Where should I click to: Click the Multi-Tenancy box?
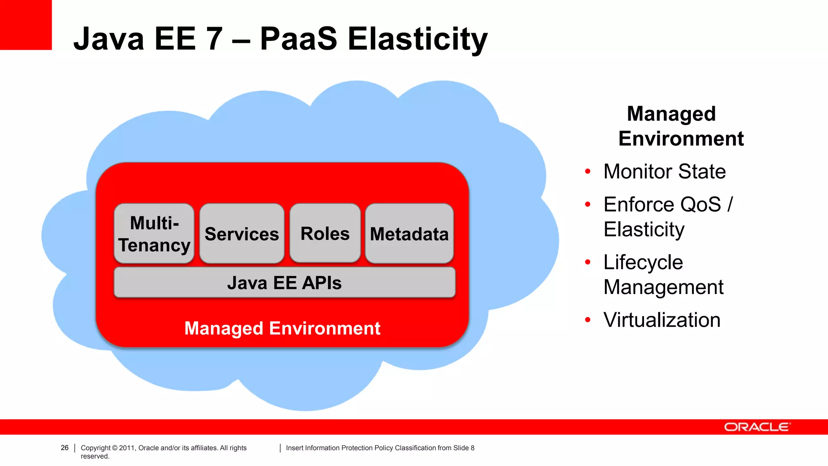154,234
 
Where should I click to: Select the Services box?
242,234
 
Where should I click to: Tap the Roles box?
325,233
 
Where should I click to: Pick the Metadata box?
409,234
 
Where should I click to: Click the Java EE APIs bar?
285,283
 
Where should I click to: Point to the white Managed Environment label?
282,328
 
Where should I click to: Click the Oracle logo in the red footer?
757,427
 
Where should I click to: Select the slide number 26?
65,448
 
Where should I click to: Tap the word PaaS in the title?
298,39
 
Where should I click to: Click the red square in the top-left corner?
25,25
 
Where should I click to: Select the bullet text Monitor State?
664,172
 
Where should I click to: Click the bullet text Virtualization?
662,320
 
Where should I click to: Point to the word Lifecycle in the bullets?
643,263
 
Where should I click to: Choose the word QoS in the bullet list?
703,205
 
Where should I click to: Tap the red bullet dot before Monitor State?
588,172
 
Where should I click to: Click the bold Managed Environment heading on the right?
680,126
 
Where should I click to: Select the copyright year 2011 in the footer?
127,448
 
